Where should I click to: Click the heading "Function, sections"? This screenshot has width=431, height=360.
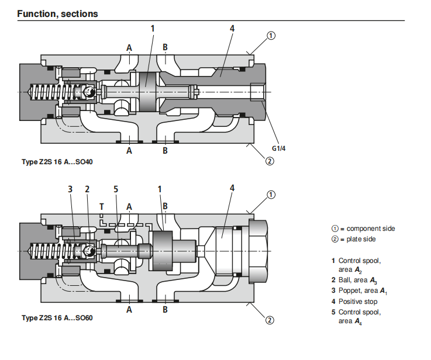pyautogui.click(x=57, y=13)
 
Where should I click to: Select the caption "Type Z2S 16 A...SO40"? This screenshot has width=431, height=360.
pyautogui.click(x=57, y=161)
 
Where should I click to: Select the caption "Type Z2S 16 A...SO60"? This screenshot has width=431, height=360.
pyautogui.click(x=57, y=319)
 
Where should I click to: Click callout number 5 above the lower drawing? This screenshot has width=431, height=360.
pyautogui.click(x=116, y=189)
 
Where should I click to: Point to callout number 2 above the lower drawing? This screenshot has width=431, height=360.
pyautogui.click(x=87, y=189)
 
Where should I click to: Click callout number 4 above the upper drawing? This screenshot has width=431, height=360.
pyautogui.click(x=232, y=27)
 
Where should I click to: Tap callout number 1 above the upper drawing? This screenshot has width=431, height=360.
pyautogui.click(x=153, y=27)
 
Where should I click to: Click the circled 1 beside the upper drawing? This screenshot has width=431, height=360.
pyautogui.click(x=271, y=36)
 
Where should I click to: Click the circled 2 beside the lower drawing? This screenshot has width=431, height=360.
pyautogui.click(x=270, y=320)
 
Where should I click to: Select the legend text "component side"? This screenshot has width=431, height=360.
pyautogui.click(x=370, y=229)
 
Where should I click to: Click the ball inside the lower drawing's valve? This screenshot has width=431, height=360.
pyautogui.click(x=89, y=250)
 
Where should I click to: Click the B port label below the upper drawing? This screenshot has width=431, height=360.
pyautogui.click(x=165, y=150)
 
